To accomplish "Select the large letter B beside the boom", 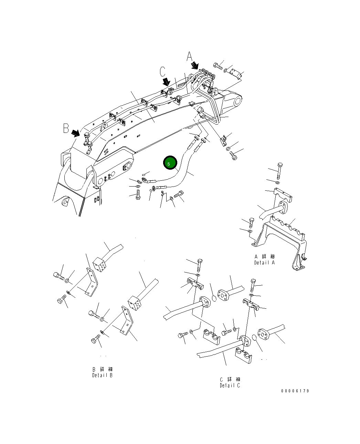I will tap(66, 128).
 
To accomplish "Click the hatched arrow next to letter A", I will tap(195, 65).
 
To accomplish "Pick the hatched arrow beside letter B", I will tap(75, 133).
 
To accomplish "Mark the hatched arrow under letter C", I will tap(166, 81).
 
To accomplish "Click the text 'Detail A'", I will tap(264, 263).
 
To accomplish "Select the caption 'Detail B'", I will tap(102, 375).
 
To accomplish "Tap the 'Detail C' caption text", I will tap(230, 385).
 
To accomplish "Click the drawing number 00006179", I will tap(295, 391).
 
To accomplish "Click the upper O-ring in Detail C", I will tap(214, 297).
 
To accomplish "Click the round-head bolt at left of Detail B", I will tap(57, 276).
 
